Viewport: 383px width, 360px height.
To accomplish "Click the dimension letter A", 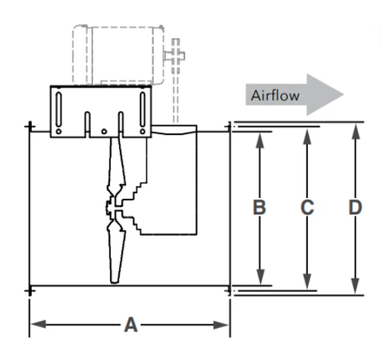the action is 131,325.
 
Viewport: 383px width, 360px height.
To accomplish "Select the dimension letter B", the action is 259,207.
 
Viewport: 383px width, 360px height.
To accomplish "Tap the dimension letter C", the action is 307,208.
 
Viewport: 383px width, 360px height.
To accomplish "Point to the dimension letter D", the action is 355,208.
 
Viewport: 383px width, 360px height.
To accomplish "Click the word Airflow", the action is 275,95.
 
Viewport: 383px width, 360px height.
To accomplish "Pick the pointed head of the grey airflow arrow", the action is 343,94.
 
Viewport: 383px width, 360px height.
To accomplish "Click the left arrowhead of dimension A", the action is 38,325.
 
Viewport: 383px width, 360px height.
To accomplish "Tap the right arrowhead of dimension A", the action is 221,325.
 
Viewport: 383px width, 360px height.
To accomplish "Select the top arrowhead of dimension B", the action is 260,140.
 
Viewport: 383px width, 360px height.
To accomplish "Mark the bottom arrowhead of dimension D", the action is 355,286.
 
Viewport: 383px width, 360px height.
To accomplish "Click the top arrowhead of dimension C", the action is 307,136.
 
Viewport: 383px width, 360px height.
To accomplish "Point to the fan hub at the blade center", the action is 114,208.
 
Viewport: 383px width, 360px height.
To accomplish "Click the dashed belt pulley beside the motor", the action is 176,56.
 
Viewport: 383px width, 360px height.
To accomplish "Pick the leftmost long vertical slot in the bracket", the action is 59,109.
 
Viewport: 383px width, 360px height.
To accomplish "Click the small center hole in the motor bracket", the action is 104,132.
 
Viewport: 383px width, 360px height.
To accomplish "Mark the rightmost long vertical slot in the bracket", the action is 143,109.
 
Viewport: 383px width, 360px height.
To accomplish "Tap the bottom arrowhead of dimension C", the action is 307,282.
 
